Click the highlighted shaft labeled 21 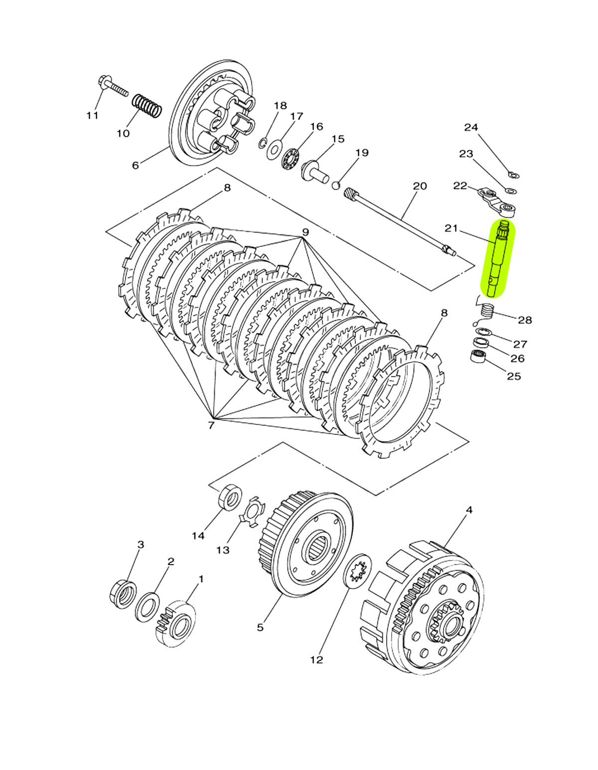pyautogui.click(x=497, y=259)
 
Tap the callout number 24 pyautogui.click(x=471, y=127)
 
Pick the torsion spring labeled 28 pyautogui.click(x=486, y=311)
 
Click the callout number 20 pyautogui.click(x=420, y=186)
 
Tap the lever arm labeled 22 pyautogui.click(x=496, y=202)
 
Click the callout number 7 pyautogui.click(x=211, y=425)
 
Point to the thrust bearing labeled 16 pyautogui.click(x=291, y=159)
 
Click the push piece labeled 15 pyautogui.click(x=316, y=171)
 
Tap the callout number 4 pyautogui.click(x=469, y=510)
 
